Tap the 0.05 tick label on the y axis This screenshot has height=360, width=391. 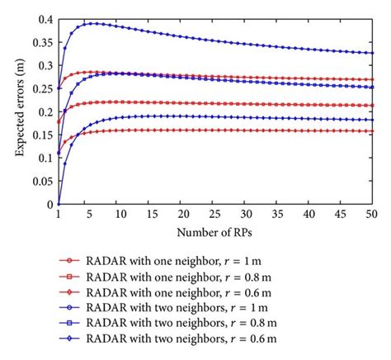42,181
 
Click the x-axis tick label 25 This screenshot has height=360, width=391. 213,215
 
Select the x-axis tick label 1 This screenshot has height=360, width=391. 59,215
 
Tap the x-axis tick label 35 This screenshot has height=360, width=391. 277,215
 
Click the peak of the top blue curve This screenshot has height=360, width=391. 96,23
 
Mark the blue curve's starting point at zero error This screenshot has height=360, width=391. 59,204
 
